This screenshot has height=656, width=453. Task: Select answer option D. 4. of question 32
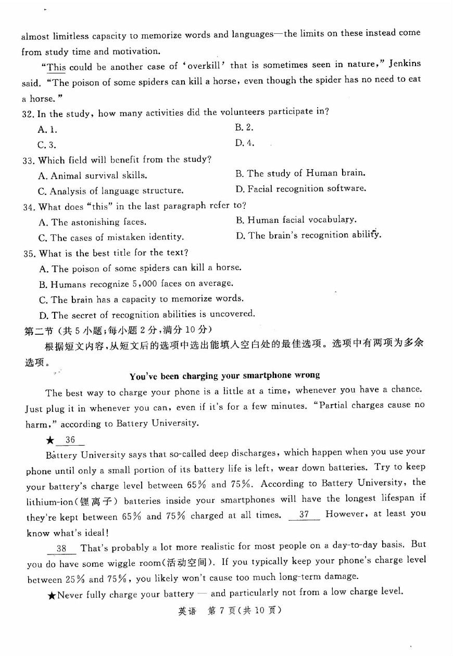(245, 143)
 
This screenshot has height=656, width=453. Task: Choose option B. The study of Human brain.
(300, 173)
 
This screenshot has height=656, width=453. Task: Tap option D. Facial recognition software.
(300, 188)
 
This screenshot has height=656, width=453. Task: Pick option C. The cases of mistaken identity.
(111, 237)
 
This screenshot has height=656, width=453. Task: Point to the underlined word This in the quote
(56, 67)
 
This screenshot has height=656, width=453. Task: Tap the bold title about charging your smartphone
(224, 375)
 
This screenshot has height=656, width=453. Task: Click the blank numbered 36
(70, 440)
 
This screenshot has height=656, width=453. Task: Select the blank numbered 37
(304, 514)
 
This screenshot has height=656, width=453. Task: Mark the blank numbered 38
(61, 548)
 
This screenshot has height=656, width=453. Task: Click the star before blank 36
(50, 440)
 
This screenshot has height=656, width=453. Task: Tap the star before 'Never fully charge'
(52, 595)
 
